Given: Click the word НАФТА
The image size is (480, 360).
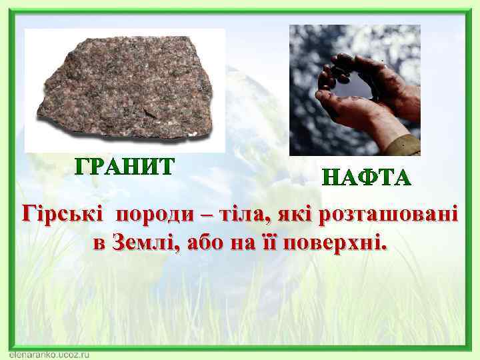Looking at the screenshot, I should click(367, 179).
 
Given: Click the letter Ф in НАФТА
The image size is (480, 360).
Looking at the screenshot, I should click(367, 179).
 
